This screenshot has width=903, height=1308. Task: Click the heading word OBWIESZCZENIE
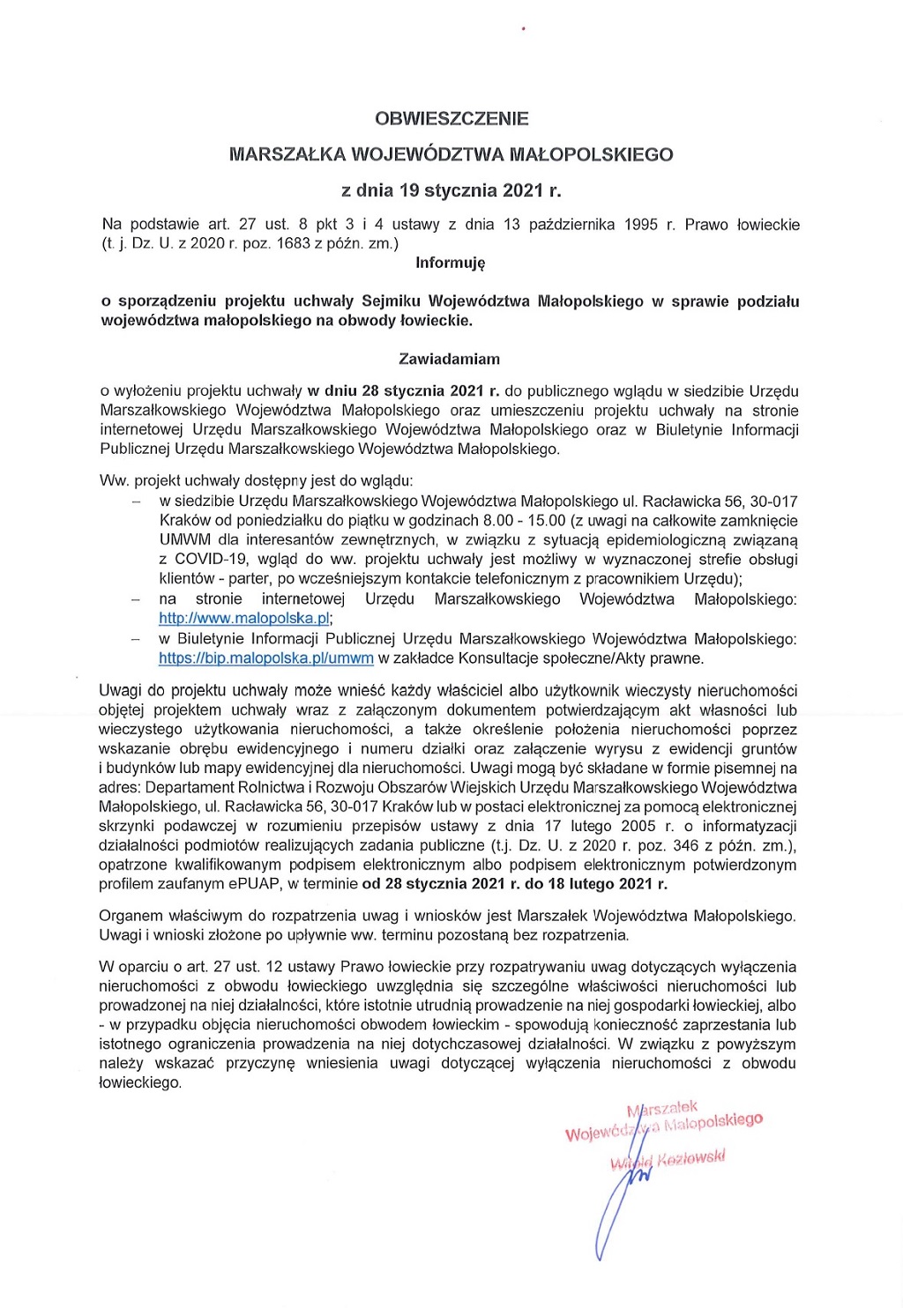coord(451,118)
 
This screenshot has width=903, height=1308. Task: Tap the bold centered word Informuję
coord(451,263)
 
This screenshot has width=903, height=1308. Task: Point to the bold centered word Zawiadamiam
coord(450,359)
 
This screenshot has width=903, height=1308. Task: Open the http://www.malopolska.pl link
coord(244,619)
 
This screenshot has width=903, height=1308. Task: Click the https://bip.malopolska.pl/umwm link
coord(266,658)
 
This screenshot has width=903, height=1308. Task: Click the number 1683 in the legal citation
coord(293,243)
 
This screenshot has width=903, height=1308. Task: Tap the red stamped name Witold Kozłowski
coord(668,1160)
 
